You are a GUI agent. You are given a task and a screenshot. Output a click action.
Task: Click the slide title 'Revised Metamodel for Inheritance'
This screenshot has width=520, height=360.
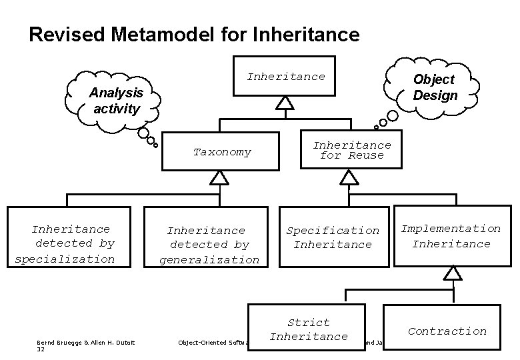click(194, 35)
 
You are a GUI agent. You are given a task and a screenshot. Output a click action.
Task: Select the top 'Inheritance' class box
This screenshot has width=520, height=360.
click(285, 76)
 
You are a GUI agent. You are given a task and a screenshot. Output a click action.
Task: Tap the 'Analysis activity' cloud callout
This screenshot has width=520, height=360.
click(115, 101)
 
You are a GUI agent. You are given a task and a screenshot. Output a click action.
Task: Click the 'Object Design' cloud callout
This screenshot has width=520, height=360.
click(435, 87)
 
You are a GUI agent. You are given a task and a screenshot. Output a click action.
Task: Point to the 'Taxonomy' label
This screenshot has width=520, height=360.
click(222, 152)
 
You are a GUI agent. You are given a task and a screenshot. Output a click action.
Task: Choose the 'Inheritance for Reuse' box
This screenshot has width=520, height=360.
click(352, 150)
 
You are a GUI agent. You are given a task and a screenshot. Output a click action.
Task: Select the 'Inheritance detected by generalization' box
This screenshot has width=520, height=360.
click(209, 245)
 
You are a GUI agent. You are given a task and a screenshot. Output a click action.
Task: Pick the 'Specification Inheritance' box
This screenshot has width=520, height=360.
click(332, 237)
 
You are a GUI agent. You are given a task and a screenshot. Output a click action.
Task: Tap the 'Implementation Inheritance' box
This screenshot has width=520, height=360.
click(451, 236)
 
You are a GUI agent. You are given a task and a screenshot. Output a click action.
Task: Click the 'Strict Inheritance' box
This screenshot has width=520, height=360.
click(308, 329)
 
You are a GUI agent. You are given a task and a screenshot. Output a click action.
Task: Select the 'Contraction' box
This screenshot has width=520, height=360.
click(447, 331)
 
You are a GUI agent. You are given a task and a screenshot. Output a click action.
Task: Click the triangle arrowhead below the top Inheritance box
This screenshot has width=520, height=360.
click(285, 103)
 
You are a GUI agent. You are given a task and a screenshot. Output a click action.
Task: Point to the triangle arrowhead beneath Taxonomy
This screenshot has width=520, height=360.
click(219, 177)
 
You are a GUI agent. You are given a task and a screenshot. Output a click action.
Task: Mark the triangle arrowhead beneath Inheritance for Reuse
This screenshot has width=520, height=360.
click(349, 177)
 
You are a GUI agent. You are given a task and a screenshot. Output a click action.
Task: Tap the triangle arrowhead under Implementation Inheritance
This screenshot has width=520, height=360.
click(453, 273)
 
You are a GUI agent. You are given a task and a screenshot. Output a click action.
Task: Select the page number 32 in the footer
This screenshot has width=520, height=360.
click(41, 349)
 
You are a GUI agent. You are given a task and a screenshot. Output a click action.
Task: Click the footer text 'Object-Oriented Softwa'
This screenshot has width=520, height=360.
click(212, 343)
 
